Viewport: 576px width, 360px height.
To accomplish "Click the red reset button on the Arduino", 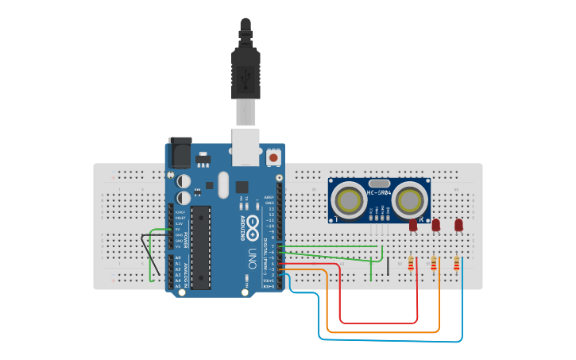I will coord(273,157).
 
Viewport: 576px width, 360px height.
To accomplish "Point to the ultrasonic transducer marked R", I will coord(411,198).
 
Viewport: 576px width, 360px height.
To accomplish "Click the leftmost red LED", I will coord(413,226).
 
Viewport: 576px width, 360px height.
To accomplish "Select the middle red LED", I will coord(435,226).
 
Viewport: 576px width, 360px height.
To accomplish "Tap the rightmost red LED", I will coord(458,226).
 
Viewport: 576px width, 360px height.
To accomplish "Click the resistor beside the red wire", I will coord(411,263).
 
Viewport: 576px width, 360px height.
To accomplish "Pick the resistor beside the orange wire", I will coord(433,263).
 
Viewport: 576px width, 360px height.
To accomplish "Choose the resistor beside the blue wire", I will coord(456,263).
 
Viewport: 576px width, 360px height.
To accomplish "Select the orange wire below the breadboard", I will coord(381,331).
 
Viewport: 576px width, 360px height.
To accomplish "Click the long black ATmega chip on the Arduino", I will coord(201,247).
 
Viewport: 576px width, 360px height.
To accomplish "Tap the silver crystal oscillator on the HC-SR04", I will coord(379,182).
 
